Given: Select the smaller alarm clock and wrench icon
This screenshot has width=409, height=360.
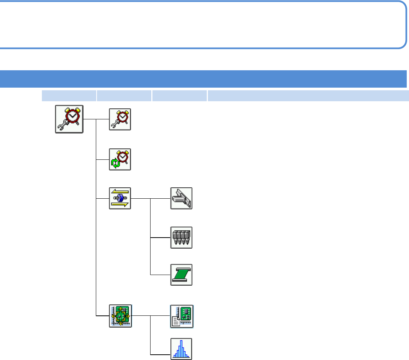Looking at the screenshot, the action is pos(120,119).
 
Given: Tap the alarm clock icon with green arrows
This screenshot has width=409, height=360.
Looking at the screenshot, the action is pos(120,159).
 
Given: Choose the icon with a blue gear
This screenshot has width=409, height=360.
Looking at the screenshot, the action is pos(120,198).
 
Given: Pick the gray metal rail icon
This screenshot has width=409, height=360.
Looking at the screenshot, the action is pos(181,198).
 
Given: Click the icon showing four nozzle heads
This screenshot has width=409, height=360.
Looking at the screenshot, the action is pos(181,238).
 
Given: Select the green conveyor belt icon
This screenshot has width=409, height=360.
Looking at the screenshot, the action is pos(181,275).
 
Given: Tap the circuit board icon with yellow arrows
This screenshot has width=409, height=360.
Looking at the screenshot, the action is pos(120,315).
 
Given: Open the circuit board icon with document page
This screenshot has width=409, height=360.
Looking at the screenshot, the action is pos(182,315).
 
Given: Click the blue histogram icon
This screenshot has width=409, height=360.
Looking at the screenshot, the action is pos(181,349).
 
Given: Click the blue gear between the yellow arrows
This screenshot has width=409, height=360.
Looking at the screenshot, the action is pos(120,198).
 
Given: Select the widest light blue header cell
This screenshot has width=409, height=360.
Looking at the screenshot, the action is pos(308,96).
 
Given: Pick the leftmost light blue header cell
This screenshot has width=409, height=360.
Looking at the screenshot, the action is pos(69,96).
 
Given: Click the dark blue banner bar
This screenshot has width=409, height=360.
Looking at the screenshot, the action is pos(204,79).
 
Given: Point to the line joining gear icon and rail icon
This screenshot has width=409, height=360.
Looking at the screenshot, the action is pos(151,198).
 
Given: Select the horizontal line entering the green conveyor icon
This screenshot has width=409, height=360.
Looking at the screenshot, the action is pos(160,275).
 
